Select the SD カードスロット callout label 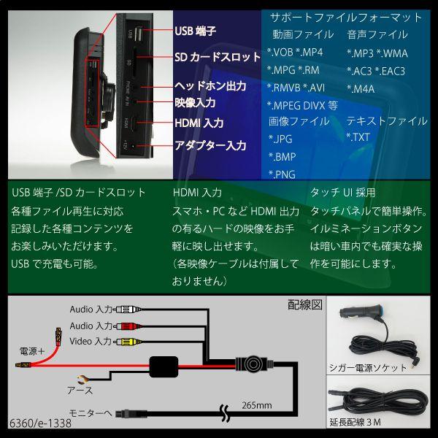click(x=218, y=57)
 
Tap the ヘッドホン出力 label click(x=210, y=87)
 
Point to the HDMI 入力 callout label click(x=199, y=123)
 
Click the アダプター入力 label click(x=210, y=145)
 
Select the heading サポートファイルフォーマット click(x=346, y=17)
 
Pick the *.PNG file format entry click(x=283, y=173)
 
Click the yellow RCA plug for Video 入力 click(x=127, y=341)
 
